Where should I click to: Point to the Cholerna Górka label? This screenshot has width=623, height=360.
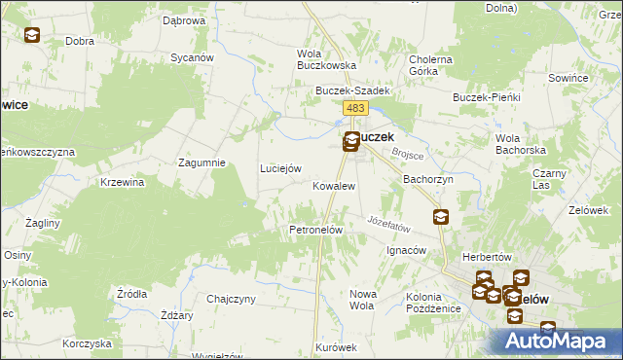tap(431, 65)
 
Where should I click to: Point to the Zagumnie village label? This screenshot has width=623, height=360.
tap(202, 162)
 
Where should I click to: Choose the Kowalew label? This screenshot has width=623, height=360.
tap(333, 185)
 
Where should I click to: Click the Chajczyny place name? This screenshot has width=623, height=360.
tap(231, 299)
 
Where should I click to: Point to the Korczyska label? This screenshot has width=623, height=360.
tap(84, 343)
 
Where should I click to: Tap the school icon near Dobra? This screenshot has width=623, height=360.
tap(32, 36)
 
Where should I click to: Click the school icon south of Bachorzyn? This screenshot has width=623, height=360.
tap(441, 217)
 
